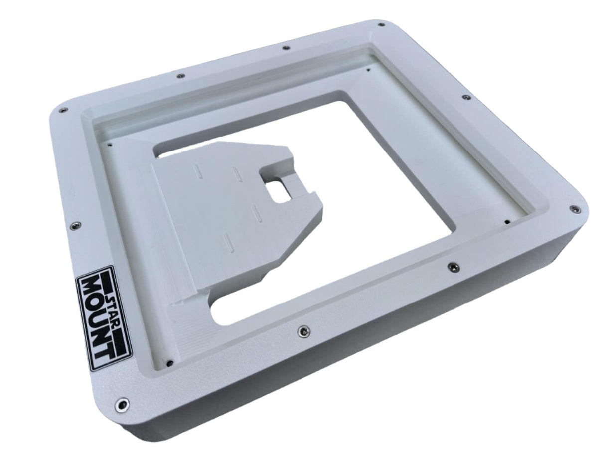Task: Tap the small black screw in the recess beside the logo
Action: click(169, 363)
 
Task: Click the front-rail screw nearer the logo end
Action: click(302, 330)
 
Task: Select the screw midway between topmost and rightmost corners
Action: click(466, 97)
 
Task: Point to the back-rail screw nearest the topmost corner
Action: click(285, 48)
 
